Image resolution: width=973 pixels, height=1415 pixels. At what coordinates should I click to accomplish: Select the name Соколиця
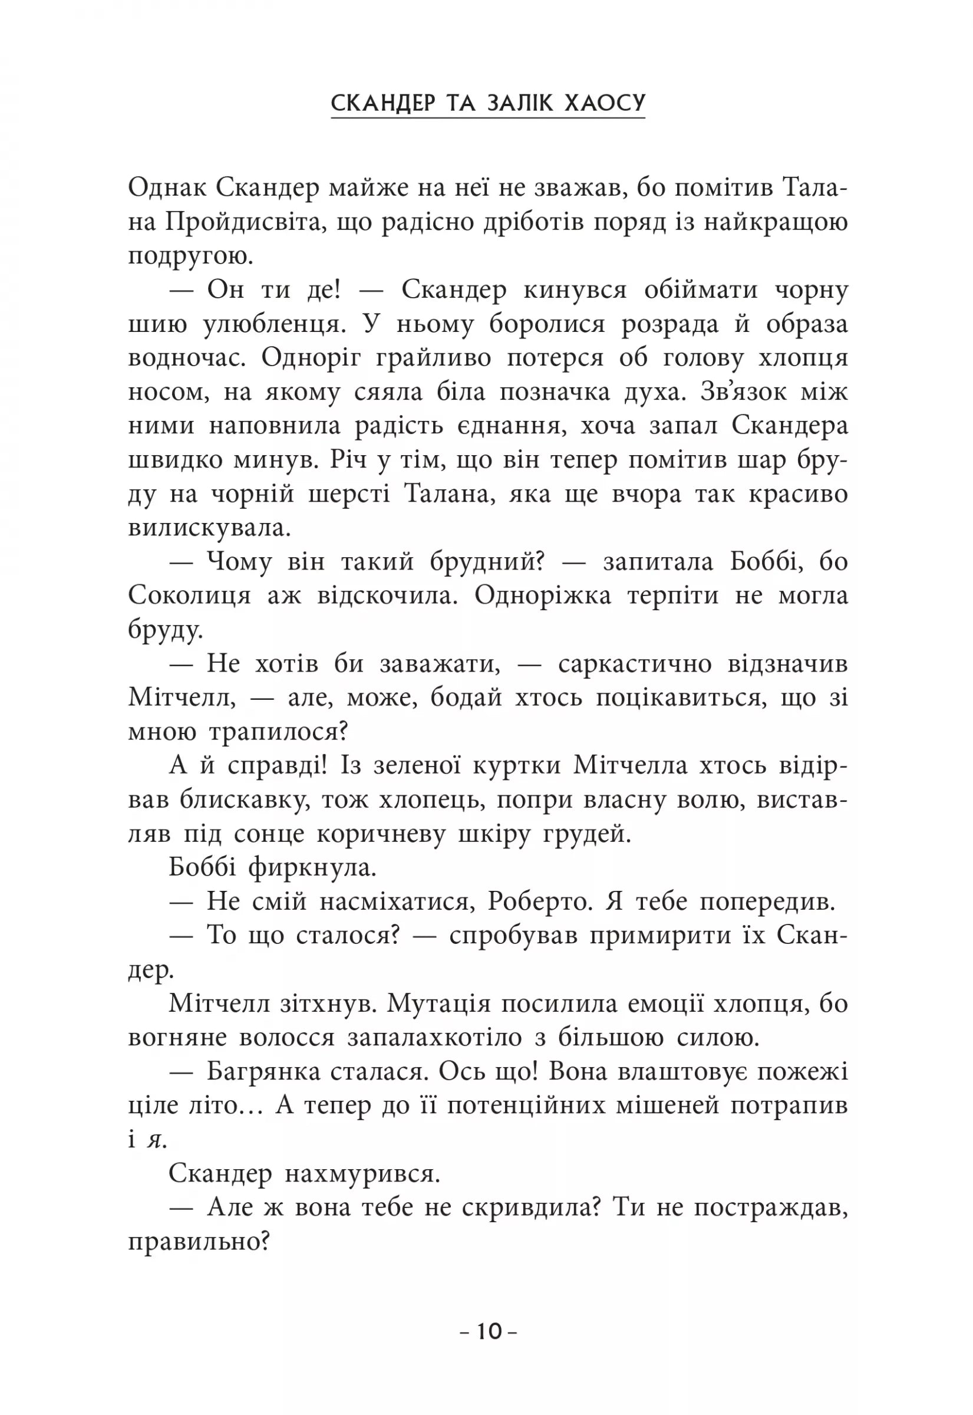tap(190, 596)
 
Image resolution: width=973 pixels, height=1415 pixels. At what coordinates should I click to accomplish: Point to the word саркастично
tap(635, 664)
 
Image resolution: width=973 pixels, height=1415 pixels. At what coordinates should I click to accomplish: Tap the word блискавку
tap(245, 799)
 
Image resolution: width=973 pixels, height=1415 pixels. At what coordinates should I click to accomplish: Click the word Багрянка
tap(263, 1072)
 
